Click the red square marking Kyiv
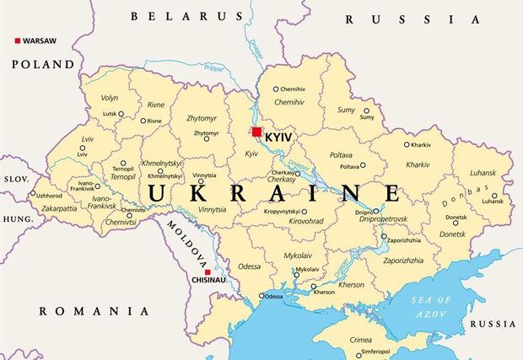click(256, 132)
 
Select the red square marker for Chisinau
click(196, 271)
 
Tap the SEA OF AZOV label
click(431, 308)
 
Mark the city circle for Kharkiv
click(407, 144)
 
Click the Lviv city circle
click(82, 147)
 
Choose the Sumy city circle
click(367, 110)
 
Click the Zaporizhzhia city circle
click(384, 238)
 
